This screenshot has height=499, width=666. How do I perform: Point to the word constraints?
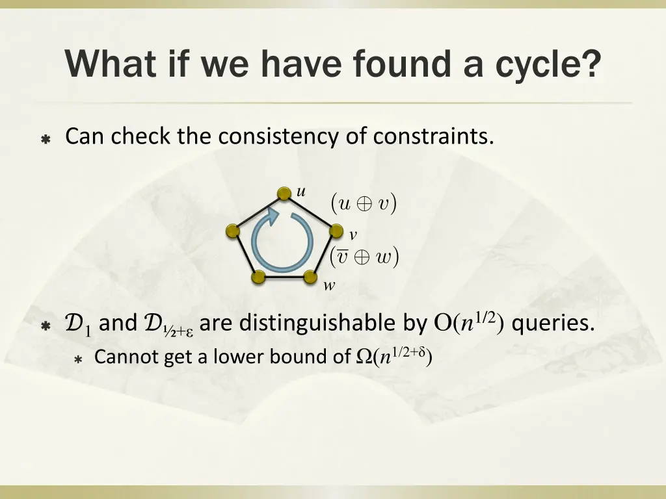click(x=433, y=136)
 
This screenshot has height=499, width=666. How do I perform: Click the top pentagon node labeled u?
click(x=284, y=194)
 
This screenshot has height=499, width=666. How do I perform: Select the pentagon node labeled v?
click(x=336, y=231)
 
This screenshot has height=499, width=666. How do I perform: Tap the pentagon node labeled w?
click(x=310, y=277)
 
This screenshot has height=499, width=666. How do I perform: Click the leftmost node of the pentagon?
click(x=233, y=231)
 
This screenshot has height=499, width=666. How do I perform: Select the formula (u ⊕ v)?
click(x=364, y=204)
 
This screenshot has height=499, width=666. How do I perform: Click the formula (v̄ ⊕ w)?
click(x=364, y=257)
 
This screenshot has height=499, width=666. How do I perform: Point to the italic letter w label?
click(x=330, y=285)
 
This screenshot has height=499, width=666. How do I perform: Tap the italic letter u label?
click(x=301, y=192)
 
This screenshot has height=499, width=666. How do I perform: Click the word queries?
click(x=553, y=323)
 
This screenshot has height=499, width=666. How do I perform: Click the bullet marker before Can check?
click(x=46, y=140)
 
